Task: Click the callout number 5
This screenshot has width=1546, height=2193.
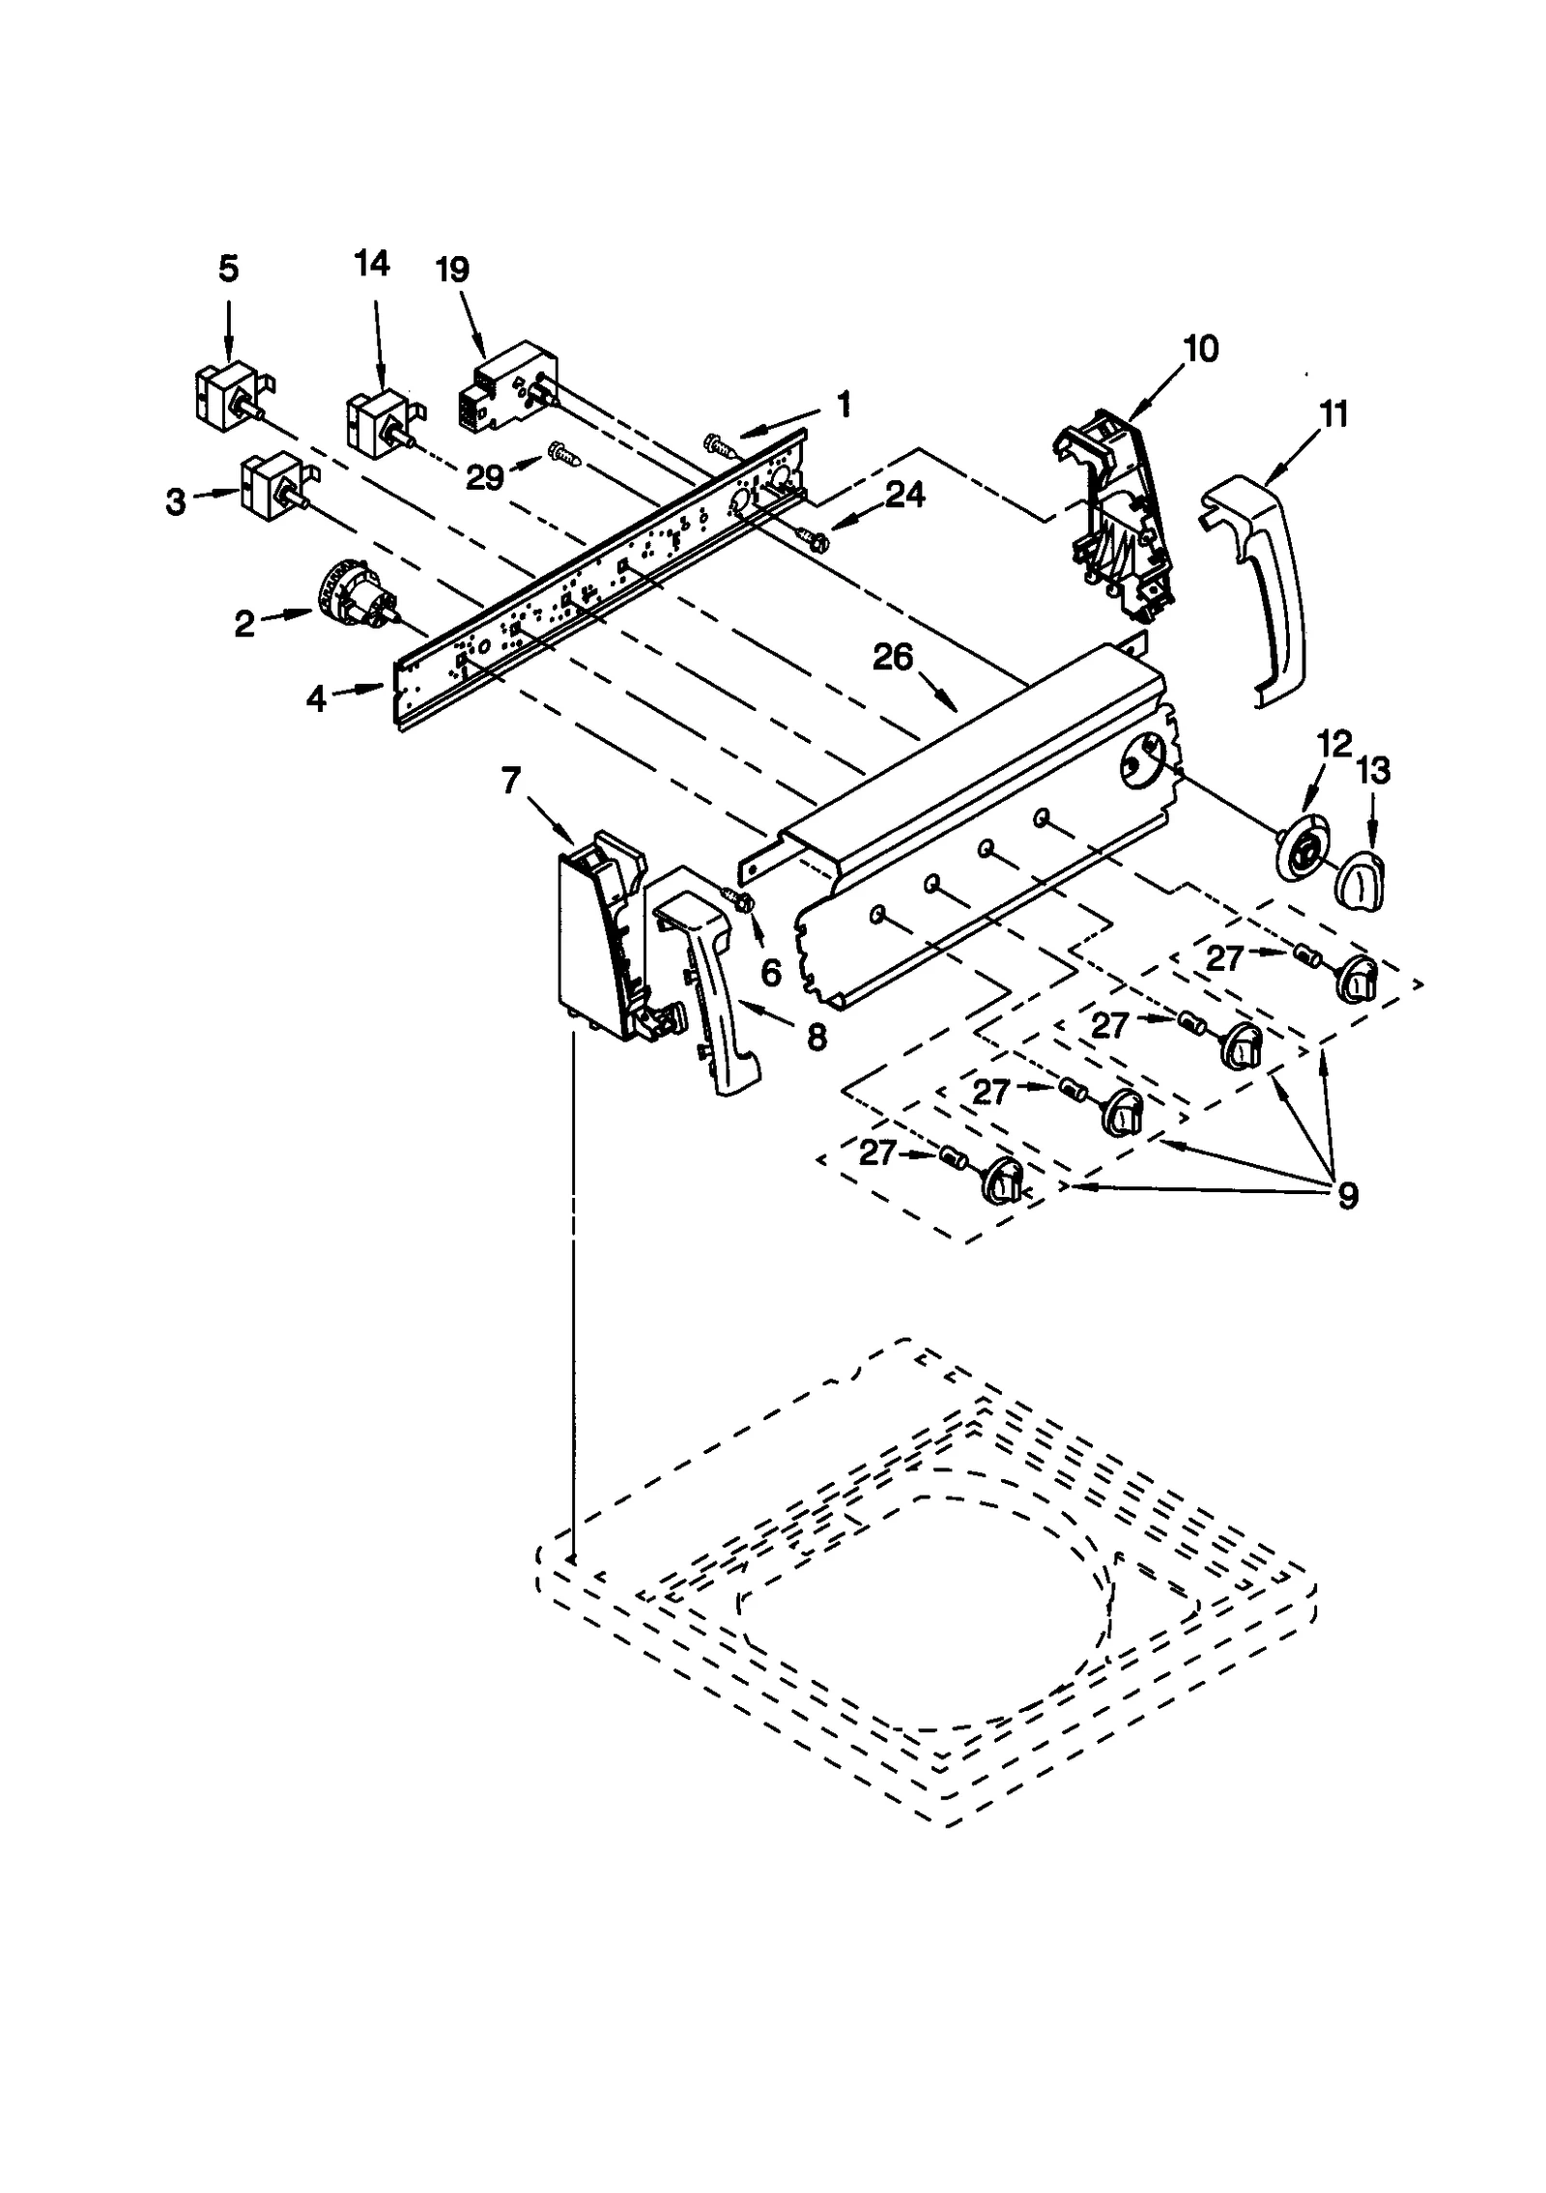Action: pos(228,270)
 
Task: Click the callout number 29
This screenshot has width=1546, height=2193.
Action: pos(485,476)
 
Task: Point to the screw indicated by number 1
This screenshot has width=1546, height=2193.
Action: pos(719,444)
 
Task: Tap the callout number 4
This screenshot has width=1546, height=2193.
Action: pos(317,698)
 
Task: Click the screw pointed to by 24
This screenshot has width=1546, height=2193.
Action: pos(810,537)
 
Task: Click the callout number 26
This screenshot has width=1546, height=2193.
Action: pos(892,658)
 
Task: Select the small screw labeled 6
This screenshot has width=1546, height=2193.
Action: pos(745,900)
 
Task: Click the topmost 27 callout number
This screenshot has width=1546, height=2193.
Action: pos(1224,957)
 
